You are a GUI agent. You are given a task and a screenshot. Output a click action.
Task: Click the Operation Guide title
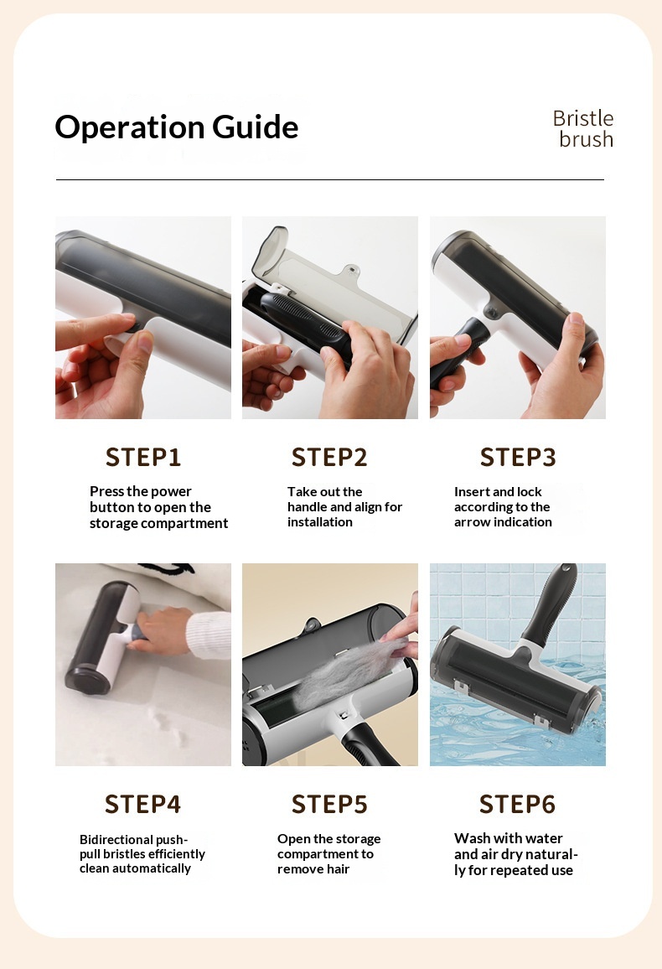pos(177,127)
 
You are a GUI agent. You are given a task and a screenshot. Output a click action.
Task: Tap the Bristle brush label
pos(583,128)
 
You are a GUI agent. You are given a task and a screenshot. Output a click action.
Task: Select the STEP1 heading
pos(143,458)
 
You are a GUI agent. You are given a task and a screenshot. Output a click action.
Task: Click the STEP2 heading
pos(329,458)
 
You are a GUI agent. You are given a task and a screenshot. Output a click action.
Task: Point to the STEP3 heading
pos(518,458)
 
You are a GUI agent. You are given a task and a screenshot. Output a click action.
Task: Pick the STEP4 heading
pos(142,804)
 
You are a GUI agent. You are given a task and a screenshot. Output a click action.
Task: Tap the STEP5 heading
pos(329,804)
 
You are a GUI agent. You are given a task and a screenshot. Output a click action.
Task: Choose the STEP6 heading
pos(518,804)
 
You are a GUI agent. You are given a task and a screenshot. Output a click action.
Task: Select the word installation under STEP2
pos(320,522)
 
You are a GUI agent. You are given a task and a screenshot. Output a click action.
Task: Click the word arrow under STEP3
pos(471,522)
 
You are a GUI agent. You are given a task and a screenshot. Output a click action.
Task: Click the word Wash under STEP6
pos(472,838)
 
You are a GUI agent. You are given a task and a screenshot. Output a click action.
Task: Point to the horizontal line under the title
pos(330,180)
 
